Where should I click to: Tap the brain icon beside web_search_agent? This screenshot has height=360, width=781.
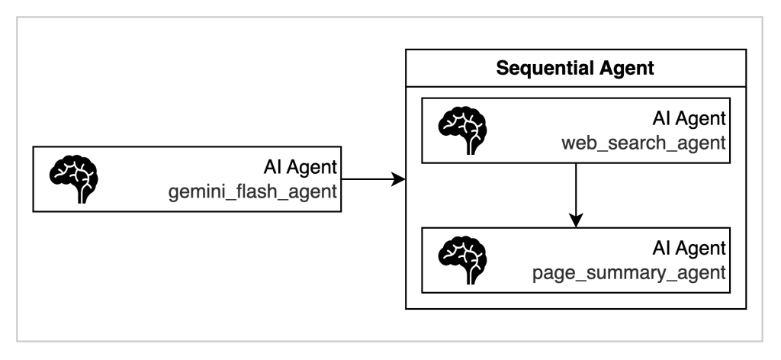[x=462, y=130]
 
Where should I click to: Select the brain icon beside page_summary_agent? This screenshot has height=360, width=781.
[x=462, y=259]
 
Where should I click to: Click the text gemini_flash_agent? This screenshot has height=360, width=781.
[x=252, y=191]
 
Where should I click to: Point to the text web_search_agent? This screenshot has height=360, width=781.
[x=644, y=143]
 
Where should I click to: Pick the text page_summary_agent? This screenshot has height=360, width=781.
[x=629, y=272]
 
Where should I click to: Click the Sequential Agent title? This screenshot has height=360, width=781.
[x=575, y=68]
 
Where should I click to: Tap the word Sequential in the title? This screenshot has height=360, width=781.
[x=542, y=68]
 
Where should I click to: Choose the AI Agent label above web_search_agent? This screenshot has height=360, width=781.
[x=689, y=120]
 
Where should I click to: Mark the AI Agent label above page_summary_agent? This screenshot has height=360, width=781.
[x=689, y=249]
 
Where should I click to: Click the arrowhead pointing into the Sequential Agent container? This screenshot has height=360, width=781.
[x=398, y=179]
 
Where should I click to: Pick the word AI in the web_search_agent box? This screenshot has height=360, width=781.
[x=662, y=120]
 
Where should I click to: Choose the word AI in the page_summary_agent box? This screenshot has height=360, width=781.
[x=662, y=249]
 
